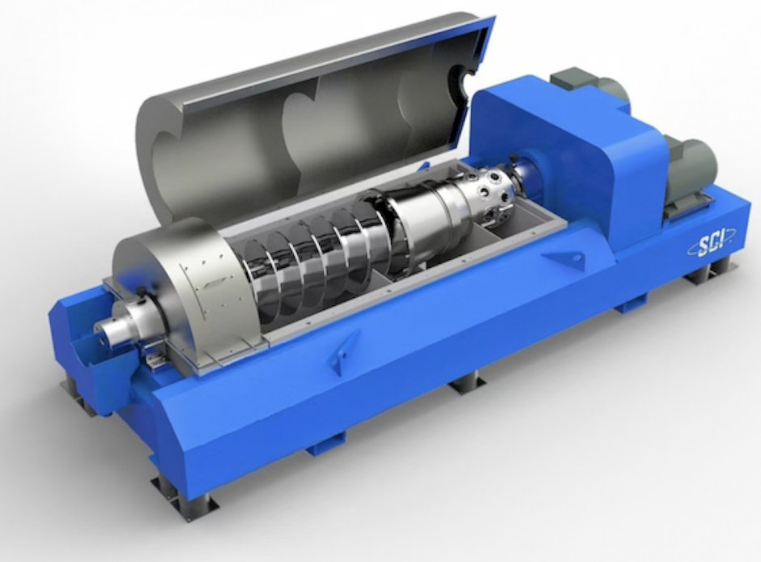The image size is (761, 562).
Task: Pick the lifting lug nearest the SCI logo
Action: pos(565,260)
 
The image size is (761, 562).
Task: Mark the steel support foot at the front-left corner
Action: pos(185,495)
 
